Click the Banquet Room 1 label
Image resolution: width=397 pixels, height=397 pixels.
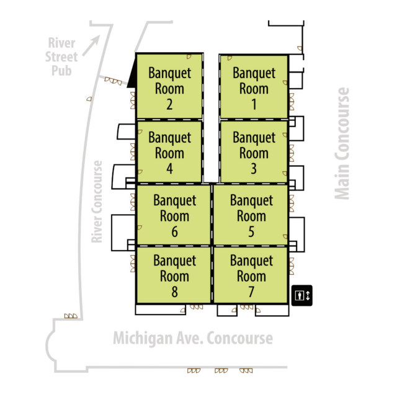[x=254, y=88]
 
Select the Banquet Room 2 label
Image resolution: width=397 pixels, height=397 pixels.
[x=169, y=88]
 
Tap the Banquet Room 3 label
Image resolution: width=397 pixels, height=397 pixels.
[x=254, y=152]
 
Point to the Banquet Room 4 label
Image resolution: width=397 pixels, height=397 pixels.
[x=169, y=152]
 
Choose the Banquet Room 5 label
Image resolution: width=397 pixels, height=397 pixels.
[x=251, y=215]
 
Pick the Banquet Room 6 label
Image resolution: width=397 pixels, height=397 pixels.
[x=174, y=216]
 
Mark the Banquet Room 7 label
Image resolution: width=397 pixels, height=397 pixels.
[x=251, y=275]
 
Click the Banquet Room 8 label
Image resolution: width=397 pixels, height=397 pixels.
[x=174, y=275]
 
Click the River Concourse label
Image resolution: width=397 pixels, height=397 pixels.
[x=96, y=202]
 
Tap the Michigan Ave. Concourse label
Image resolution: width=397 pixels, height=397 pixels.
[x=192, y=339]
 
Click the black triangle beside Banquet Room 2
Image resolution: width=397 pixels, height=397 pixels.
[x=132, y=79]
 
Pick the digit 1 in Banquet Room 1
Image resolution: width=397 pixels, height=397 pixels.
[x=254, y=104]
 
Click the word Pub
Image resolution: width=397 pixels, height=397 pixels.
[x=63, y=70]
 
